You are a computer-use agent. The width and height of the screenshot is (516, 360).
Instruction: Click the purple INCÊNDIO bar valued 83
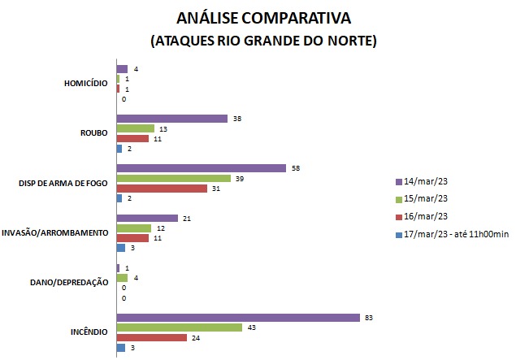tap(238, 318)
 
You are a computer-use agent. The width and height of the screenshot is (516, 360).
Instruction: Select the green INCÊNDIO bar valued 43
tap(180, 327)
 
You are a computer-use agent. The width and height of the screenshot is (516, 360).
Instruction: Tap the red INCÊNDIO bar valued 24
tap(152, 337)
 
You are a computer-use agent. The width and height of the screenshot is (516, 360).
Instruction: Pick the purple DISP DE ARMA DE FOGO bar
tap(202, 168)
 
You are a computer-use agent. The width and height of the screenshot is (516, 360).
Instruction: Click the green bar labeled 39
tap(174, 178)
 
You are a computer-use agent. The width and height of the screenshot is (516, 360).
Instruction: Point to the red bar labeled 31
tap(162, 189)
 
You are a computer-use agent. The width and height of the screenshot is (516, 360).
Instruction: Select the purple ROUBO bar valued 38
tap(172, 119)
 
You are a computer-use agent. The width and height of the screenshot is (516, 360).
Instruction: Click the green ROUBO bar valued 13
tap(136, 128)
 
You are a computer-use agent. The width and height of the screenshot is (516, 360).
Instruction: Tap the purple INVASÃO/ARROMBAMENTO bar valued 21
tap(147, 218)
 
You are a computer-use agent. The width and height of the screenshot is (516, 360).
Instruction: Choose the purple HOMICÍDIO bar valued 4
tap(123, 69)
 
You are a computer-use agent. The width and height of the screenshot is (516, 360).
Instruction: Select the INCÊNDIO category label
tap(89, 332)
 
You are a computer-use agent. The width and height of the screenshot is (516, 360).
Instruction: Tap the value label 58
tap(295, 168)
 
